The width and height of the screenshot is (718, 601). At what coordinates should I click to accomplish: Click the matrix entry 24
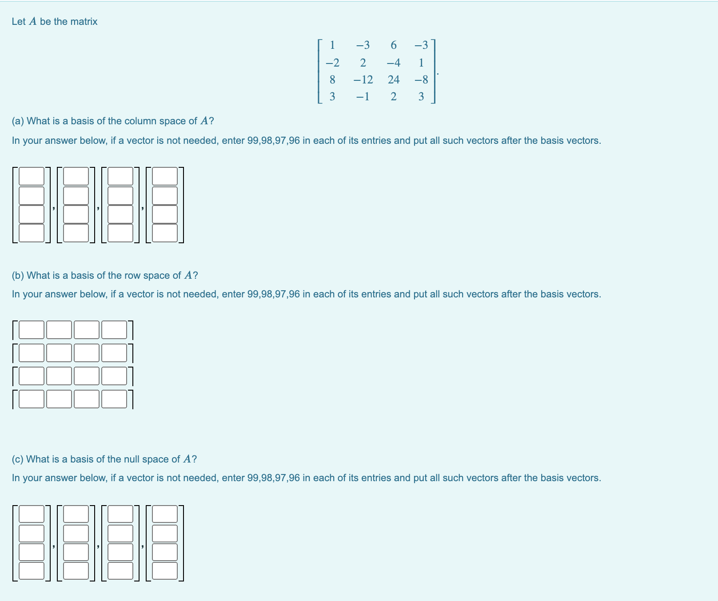click(x=394, y=80)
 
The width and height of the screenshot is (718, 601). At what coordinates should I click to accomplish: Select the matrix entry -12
click(x=363, y=80)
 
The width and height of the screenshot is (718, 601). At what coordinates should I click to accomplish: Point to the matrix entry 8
click(x=332, y=80)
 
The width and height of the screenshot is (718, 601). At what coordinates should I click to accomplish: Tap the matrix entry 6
click(x=394, y=45)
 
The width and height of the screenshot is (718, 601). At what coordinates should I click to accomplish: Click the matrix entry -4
click(x=394, y=63)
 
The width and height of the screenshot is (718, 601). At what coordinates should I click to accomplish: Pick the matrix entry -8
click(x=421, y=80)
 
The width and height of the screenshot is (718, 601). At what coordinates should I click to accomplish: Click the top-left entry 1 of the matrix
click(x=332, y=45)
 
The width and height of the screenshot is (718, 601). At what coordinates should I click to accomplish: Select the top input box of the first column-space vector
click(x=32, y=176)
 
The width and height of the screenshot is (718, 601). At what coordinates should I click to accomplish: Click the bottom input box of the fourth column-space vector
click(x=165, y=233)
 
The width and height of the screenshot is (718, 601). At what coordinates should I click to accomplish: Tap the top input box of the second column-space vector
click(x=76, y=176)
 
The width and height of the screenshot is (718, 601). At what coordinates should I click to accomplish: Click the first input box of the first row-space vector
click(x=32, y=330)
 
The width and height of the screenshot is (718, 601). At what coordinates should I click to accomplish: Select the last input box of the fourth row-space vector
click(x=114, y=399)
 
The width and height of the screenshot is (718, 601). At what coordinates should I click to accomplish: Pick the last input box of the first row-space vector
click(x=114, y=330)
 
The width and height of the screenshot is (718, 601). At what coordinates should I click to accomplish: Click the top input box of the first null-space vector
click(x=32, y=514)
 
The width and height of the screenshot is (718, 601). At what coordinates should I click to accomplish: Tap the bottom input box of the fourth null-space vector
click(x=165, y=571)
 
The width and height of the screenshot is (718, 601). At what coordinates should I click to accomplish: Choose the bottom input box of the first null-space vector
click(x=32, y=571)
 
